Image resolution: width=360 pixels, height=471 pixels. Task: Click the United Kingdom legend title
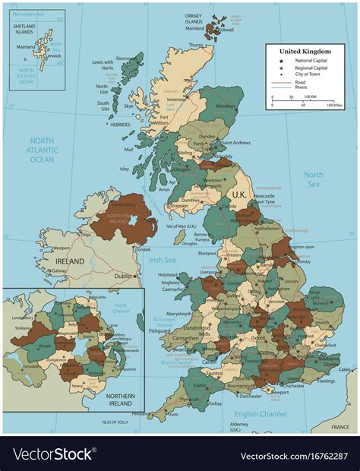(304, 50)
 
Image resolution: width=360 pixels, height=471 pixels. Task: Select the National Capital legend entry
(308, 61)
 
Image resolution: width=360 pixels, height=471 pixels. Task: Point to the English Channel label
(261, 414)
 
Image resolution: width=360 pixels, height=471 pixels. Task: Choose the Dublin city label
(122, 277)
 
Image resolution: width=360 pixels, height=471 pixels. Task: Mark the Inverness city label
(176, 99)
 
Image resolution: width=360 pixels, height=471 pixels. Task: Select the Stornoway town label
(128, 57)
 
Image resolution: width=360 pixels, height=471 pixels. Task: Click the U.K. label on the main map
(238, 195)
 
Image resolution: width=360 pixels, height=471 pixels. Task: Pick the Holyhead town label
(168, 274)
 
